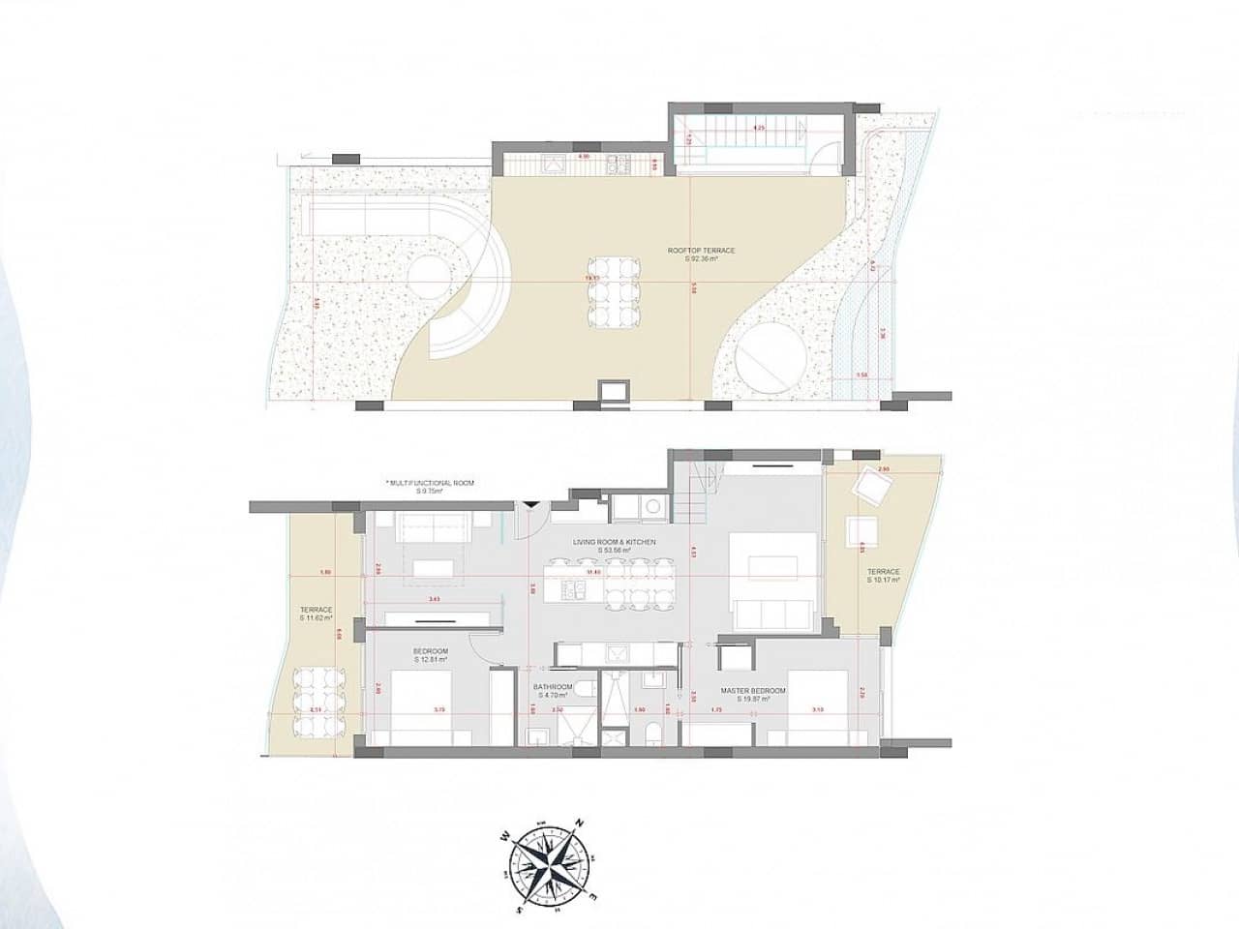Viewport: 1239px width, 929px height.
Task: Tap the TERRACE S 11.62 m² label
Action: pos(316,614)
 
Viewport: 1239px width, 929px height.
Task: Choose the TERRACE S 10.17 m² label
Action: pos(884,576)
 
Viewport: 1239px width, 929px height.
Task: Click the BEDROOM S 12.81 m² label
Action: pos(430,654)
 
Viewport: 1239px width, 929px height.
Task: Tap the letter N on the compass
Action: pos(579,824)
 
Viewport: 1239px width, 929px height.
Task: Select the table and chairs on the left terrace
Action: pos(315,701)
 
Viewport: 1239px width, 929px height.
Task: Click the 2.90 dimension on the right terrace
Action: pos(882,469)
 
